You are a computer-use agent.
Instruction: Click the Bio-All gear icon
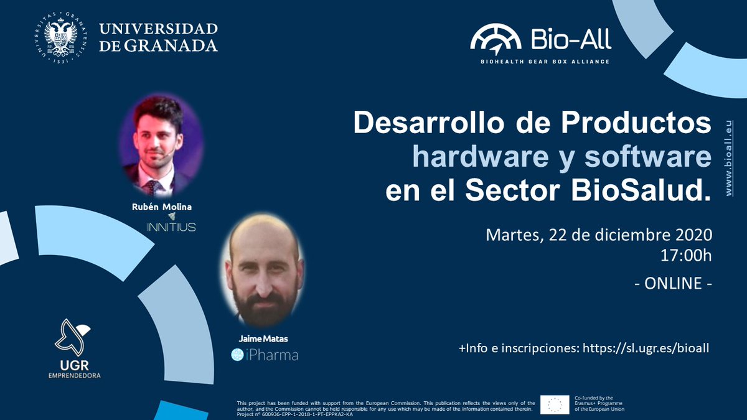(x=496, y=39)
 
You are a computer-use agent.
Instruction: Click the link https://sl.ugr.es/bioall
(x=646, y=348)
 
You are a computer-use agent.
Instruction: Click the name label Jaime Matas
(x=264, y=339)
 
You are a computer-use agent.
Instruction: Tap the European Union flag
(x=555, y=404)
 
